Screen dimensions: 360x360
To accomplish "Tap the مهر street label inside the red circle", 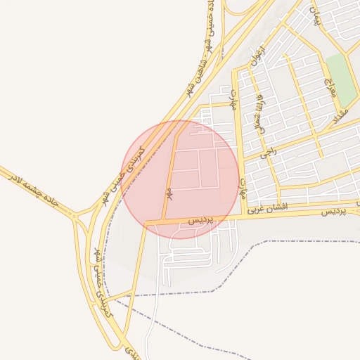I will [x=169, y=191].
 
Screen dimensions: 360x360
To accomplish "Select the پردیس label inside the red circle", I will [x=200, y=220].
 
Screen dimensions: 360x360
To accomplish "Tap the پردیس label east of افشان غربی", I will [x=334, y=211].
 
